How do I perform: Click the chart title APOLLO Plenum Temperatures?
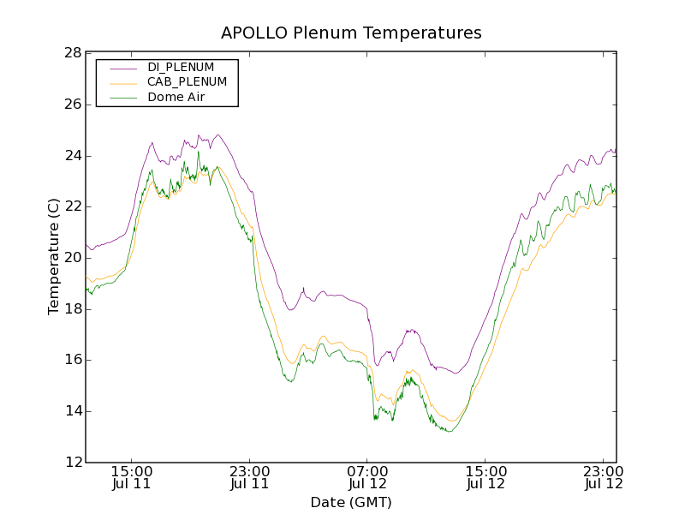[x=351, y=33]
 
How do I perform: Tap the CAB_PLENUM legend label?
[x=187, y=82]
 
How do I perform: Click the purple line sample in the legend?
[x=122, y=67]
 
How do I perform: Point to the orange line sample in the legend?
[x=122, y=82]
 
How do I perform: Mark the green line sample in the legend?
[x=122, y=98]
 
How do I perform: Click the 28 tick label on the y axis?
[x=72, y=53]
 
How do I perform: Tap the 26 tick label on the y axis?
[x=72, y=105]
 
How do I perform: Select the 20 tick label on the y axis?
[x=72, y=258]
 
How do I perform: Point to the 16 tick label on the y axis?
[x=72, y=360]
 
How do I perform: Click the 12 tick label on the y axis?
[x=72, y=462]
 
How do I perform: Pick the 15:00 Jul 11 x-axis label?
[x=132, y=477]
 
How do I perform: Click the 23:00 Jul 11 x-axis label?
[x=250, y=477]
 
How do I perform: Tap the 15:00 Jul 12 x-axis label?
[x=485, y=477]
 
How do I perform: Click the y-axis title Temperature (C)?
[x=54, y=257]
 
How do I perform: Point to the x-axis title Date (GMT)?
[x=351, y=502]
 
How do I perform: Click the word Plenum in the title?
[x=325, y=33]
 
